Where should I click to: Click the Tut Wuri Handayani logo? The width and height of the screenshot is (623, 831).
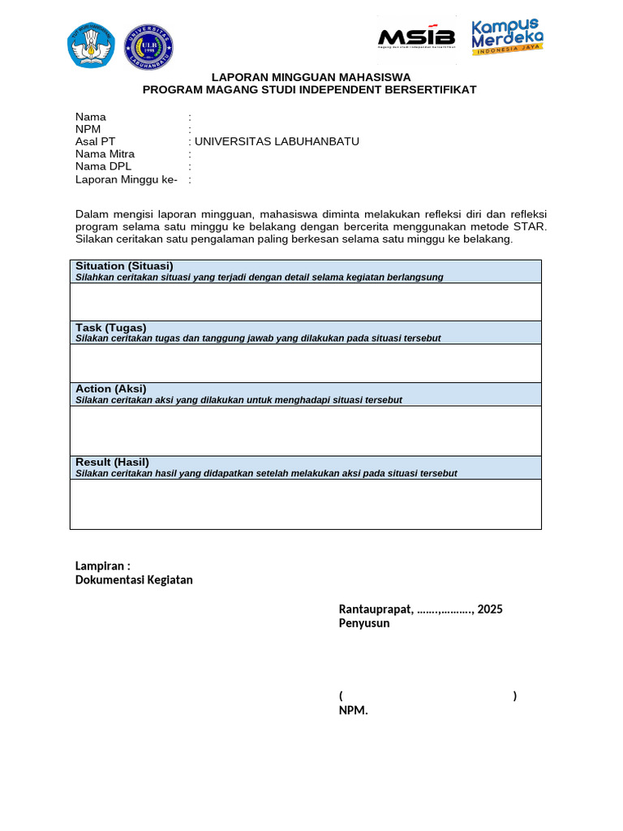click(92, 46)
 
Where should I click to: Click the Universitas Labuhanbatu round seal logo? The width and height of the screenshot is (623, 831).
click(148, 46)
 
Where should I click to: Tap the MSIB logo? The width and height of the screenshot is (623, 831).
click(415, 38)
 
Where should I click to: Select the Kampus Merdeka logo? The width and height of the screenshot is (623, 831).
click(508, 37)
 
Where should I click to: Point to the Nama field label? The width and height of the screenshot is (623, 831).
click(91, 117)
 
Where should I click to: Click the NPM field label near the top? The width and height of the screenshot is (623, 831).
click(88, 129)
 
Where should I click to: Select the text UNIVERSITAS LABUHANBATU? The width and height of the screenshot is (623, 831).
click(277, 141)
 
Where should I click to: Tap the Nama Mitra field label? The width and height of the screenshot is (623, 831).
click(105, 154)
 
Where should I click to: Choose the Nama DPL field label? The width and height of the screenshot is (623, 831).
click(103, 166)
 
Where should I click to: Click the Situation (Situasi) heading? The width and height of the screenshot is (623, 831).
click(124, 266)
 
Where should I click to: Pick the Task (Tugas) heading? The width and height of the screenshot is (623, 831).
click(111, 327)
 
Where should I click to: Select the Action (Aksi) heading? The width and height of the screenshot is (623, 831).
click(111, 389)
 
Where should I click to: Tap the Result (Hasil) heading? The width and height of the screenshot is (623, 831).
click(112, 462)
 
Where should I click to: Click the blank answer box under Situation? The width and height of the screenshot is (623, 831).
click(305, 302)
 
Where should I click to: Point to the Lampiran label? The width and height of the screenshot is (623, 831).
click(102, 566)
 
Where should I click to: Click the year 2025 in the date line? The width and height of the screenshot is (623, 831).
click(490, 609)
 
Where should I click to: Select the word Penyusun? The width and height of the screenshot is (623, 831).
click(363, 623)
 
